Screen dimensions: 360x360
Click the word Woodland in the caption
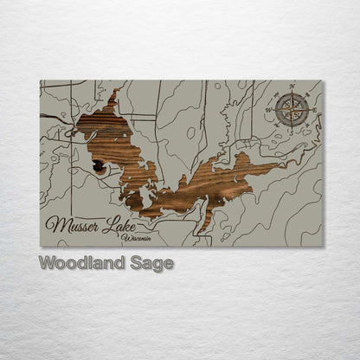pyautogui.click(x=80, y=263)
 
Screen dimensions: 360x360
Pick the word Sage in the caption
pyautogui.click(x=149, y=263)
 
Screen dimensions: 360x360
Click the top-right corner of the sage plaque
pyautogui.click(x=322, y=80)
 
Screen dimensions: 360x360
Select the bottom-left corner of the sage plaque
pyautogui.click(x=41, y=246)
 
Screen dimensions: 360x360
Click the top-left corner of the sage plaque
pyautogui.click(x=41, y=80)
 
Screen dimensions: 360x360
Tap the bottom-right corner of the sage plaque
pyautogui.click(x=322, y=246)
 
